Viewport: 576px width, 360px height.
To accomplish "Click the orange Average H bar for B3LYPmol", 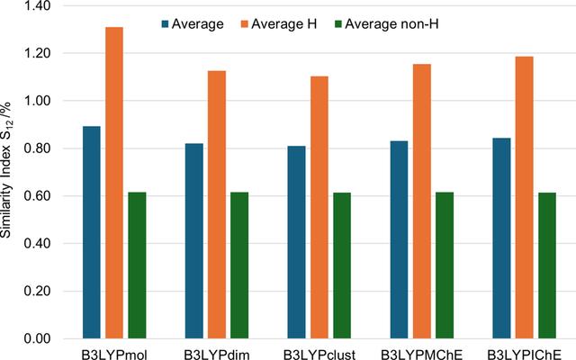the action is click(x=114, y=183).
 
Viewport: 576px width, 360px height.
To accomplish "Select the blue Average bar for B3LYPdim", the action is click(x=194, y=241).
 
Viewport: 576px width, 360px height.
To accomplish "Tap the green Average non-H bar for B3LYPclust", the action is click(x=342, y=265).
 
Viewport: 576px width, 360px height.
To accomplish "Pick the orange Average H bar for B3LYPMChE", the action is click(x=422, y=202).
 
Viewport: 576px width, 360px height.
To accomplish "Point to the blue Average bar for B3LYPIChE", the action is click(x=501, y=238).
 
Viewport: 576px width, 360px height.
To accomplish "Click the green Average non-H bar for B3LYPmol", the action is click(x=137, y=265).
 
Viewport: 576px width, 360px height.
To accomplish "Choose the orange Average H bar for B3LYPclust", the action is click(x=319, y=208).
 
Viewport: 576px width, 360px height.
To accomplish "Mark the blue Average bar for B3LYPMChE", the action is click(x=399, y=239).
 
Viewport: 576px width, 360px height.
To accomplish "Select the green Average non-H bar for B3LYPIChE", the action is click(x=547, y=265).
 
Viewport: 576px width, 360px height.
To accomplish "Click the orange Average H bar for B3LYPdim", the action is click(x=217, y=204).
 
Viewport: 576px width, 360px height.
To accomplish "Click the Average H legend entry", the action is click(x=279, y=24).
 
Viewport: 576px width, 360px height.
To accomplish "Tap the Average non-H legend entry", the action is click(x=386, y=24).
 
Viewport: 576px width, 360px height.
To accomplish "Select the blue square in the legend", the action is click(x=165, y=24).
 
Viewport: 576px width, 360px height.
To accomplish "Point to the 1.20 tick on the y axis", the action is click(x=37, y=54).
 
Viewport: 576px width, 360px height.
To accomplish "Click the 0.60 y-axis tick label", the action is click(x=37, y=196).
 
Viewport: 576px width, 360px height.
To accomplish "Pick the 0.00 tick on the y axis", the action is click(x=37, y=338).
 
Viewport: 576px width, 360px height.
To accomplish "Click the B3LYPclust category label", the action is click(x=319, y=355).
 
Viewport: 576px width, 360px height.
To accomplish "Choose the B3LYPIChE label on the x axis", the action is click(x=524, y=355).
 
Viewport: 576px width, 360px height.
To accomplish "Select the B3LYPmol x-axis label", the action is click(x=114, y=355).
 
